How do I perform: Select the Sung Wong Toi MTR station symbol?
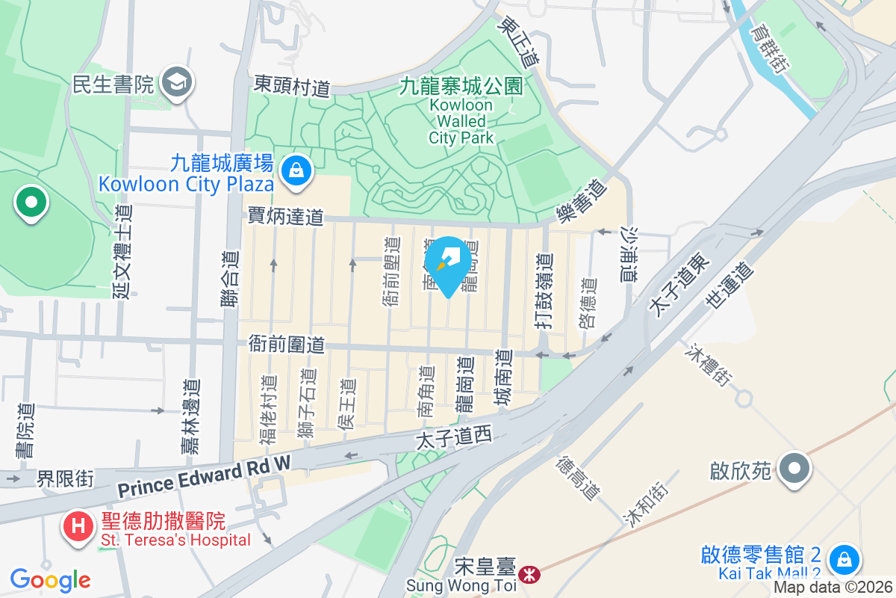pos(530,574)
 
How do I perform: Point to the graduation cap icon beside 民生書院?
pos(178,82)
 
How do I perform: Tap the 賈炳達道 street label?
pos(286,217)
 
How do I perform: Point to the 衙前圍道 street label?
pos(287,345)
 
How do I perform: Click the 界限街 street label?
pos(66,478)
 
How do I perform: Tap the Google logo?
pos(51,579)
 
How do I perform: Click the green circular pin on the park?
pos(31,203)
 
